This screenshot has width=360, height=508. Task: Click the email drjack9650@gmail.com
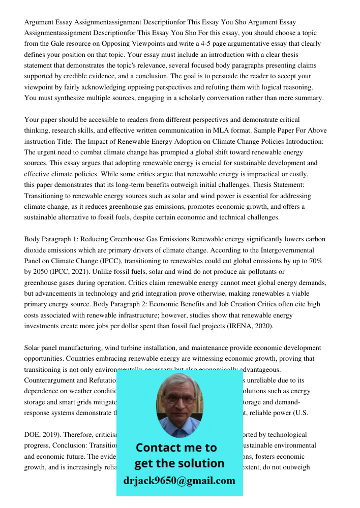tap(179, 481)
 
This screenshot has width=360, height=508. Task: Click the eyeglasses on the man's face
tap(178, 400)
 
